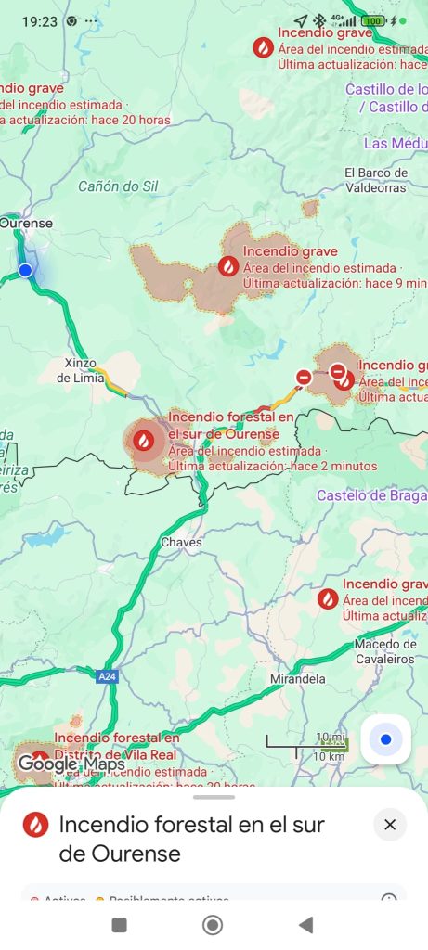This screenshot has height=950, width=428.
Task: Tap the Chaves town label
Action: click(181, 542)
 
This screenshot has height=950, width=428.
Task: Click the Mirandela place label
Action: click(296, 679)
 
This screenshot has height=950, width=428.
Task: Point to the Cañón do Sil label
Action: click(118, 186)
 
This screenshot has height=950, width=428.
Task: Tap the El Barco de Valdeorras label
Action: click(376, 179)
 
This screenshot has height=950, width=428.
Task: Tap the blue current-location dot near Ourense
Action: click(25, 270)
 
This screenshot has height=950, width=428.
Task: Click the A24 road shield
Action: click(108, 677)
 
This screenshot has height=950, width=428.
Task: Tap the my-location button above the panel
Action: click(385, 739)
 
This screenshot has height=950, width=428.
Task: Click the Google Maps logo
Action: click(71, 764)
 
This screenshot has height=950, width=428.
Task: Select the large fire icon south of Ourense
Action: click(144, 440)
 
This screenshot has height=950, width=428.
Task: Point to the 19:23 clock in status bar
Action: click(38, 20)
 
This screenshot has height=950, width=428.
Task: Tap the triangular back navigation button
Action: click(305, 924)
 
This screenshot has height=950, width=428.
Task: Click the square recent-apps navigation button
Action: click(119, 924)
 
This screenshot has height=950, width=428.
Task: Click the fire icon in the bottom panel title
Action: click(35, 824)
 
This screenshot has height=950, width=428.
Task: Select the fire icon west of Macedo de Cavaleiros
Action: click(327, 599)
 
